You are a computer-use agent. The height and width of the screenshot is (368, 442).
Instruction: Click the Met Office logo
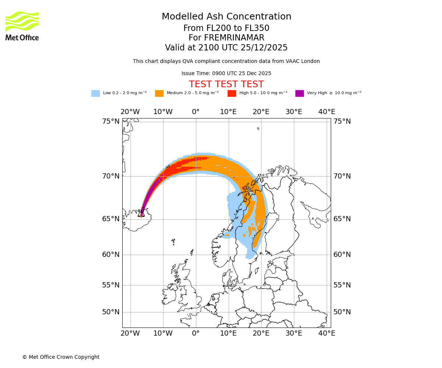pyautogui.click(x=22, y=26)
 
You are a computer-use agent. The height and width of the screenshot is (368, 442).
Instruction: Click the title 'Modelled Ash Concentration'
pyautogui.click(x=226, y=17)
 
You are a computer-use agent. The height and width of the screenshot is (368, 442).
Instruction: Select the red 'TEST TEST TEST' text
pyautogui.click(x=226, y=84)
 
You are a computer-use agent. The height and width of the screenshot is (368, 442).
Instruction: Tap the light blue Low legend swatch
pyautogui.click(x=95, y=93)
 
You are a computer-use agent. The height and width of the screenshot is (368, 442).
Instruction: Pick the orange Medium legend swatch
pyautogui.click(x=159, y=93)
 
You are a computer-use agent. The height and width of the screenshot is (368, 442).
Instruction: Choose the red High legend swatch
pyautogui.click(x=232, y=93)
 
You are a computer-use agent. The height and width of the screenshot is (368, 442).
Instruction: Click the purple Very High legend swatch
pyautogui.click(x=299, y=93)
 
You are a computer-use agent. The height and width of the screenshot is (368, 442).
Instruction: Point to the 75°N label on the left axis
pyautogui.click(x=110, y=121)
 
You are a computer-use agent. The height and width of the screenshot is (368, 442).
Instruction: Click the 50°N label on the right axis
pyautogui.click(x=342, y=312)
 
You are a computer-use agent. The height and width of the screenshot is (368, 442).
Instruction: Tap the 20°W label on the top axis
pyautogui.click(x=130, y=112)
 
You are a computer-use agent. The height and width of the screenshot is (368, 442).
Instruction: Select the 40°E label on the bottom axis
pyautogui.click(x=327, y=333)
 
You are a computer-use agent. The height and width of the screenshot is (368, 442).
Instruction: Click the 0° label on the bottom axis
pyautogui.click(x=196, y=333)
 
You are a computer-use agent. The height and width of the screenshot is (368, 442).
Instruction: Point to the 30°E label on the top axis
pyautogui.click(x=294, y=112)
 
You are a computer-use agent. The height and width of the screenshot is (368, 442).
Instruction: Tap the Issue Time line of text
pyautogui.click(x=226, y=73)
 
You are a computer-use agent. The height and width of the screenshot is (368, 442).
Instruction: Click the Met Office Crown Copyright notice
pyautogui.click(x=61, y=357)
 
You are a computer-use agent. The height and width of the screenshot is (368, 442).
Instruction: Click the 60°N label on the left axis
pyautogui.click(x=110, y=255)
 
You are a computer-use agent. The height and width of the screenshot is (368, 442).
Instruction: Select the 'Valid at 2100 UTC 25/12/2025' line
pyautogui.click(x=226, y=47)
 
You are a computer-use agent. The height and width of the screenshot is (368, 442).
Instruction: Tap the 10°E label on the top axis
pyautogui.click(x=228, y=112)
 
